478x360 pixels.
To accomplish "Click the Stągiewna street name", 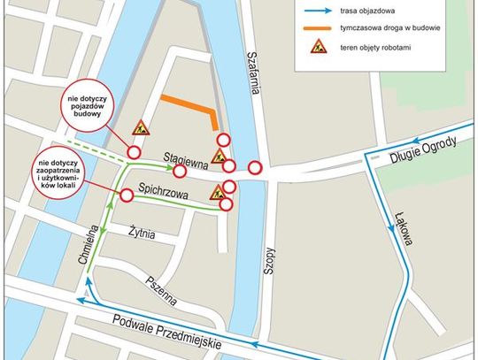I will [x=185, y=159].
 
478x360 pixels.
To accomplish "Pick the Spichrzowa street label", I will [x=163, y=188].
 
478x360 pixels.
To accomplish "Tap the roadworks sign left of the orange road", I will [x=140, y=128].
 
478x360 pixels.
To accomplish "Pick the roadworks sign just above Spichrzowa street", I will [x=216, y=192].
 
